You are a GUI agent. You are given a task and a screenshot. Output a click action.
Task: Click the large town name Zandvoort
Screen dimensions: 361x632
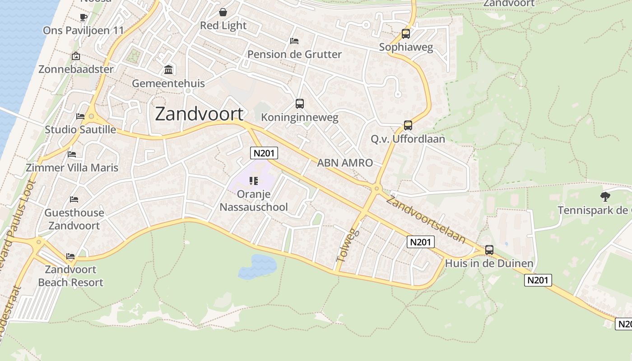(199, 114)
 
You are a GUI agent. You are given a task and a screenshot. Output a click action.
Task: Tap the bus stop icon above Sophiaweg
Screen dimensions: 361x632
(406, 34)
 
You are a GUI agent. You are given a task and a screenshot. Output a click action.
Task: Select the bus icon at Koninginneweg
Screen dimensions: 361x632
(300, 104)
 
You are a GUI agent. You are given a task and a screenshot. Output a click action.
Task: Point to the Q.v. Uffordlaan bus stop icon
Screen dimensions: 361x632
(408, 125)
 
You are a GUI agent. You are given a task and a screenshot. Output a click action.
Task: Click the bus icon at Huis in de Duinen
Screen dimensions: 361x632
(489, 250)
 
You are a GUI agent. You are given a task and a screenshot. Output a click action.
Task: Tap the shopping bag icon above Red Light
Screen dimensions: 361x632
(223, 12)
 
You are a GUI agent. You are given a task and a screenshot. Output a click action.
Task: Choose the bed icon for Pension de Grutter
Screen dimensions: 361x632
(294, 41)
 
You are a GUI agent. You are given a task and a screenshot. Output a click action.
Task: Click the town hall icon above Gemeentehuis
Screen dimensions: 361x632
(168, 69)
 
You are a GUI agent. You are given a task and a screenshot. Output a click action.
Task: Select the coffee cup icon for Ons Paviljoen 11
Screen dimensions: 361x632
(83, 17)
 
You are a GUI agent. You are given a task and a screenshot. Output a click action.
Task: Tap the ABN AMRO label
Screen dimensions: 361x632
(345, 163)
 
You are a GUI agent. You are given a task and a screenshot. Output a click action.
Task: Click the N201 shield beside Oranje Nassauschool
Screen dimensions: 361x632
(264, 153)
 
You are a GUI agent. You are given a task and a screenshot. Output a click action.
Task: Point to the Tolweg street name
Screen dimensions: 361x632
(348, 245)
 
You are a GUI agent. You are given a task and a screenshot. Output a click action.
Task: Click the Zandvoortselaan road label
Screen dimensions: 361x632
(426, 220)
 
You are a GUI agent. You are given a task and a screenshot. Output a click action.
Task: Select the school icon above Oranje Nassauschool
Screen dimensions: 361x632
(254, 181)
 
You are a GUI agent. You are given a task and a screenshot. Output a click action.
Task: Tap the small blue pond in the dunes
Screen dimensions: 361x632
(257, 266)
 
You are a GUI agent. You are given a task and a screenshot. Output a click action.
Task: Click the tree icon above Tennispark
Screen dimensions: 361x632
(605, 196)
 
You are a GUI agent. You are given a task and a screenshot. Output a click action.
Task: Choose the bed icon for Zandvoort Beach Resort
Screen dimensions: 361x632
(70, 256)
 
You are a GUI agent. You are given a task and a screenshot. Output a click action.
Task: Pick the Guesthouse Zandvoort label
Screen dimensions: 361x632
(74, 219)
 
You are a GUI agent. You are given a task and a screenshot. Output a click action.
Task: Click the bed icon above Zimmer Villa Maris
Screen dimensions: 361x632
(72, 154)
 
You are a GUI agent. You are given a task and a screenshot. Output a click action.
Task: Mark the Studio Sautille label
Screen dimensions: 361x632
(80, 130)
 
